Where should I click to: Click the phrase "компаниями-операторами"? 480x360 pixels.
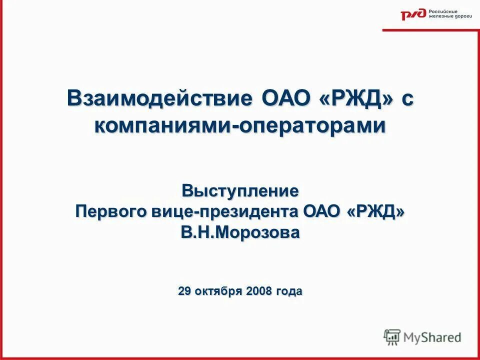click(x=240, y=125)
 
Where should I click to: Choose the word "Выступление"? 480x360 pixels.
click(x=240, y=190)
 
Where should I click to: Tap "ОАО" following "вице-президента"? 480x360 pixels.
click(x=321, y=211)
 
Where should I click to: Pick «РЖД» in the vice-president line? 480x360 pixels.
click(x=375, y=211)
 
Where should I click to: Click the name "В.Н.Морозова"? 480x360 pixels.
click(x=240, y=232)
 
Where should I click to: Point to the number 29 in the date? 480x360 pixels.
click(x=184, y=291)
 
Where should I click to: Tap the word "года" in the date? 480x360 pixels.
click(x=288, y=291)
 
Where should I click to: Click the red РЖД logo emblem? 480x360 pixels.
click(x=413, y=14)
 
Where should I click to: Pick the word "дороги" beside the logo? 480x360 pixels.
click(x=460, y=17)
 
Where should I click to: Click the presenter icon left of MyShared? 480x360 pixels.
click(x=392, y=337)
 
